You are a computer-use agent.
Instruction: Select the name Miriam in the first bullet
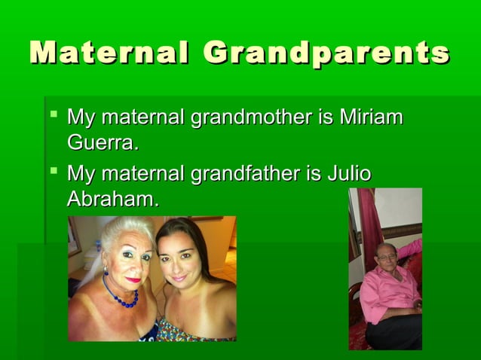(x=371, y=118)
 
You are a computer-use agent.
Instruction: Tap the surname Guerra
(x=103, y=142)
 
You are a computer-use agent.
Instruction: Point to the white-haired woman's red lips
(x=133, y=279)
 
